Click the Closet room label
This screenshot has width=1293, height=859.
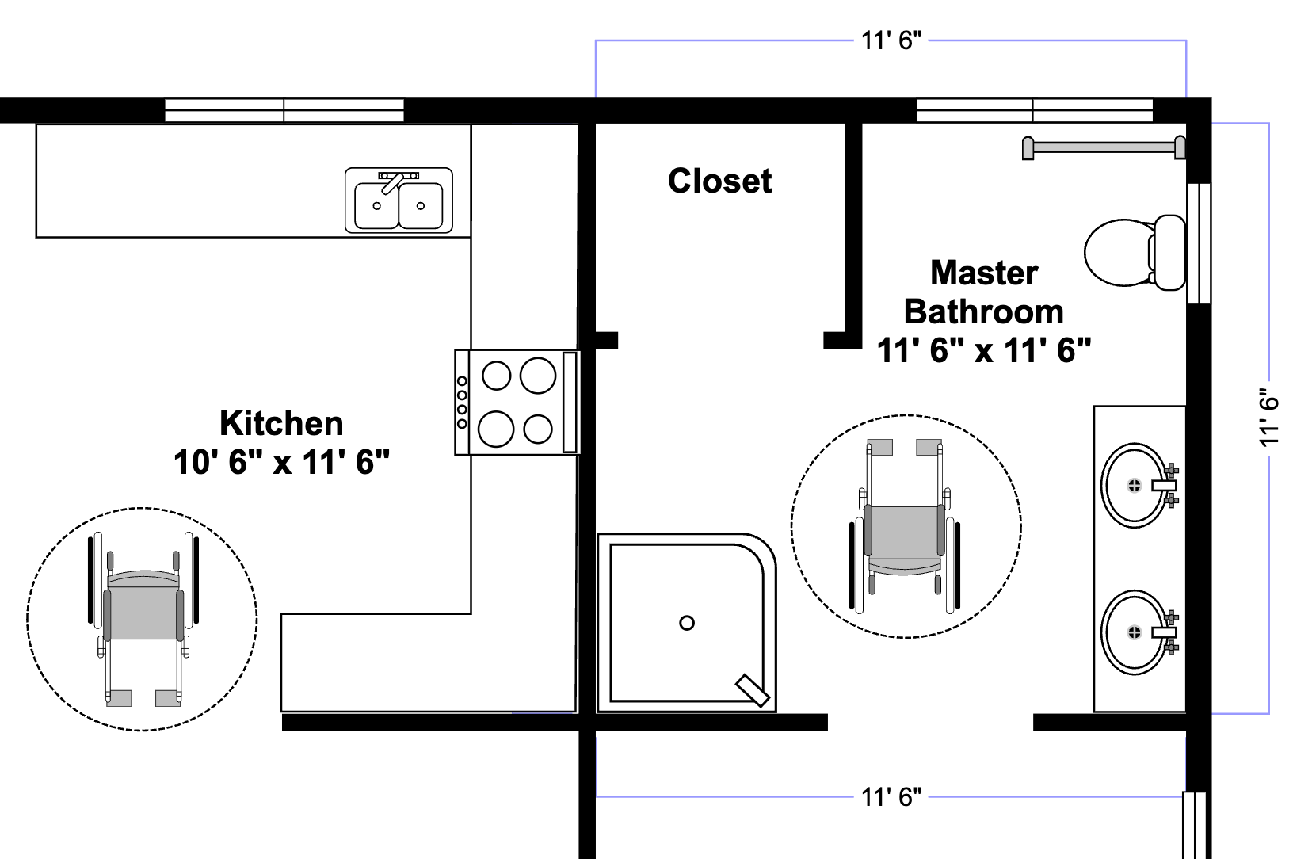[x=719, y=181]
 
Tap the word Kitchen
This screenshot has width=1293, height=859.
[x=281, y=423]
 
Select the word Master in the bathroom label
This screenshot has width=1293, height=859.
[x=983, y=273]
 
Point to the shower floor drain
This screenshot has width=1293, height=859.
[x=687, y=623]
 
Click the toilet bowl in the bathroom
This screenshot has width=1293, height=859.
[x=1117, y=251]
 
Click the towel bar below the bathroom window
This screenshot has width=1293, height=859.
[x=1104, y=147]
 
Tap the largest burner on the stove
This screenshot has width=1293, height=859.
[x=538, y=375]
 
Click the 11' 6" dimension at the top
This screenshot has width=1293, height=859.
[x=891, y=40]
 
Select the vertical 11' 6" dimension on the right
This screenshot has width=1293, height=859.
[x=1269, y=418]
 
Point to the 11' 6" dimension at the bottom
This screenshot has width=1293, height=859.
[x=891, y=796]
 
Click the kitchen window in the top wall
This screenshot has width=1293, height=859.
[x=284, y=110]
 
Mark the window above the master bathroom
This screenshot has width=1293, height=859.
[x=1034, y=110]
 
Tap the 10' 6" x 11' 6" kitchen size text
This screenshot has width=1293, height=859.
[x=281, y=462]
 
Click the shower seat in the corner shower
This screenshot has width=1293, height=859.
[x=752, y=689]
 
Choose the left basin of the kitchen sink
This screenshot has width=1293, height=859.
[x=376, y=205]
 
